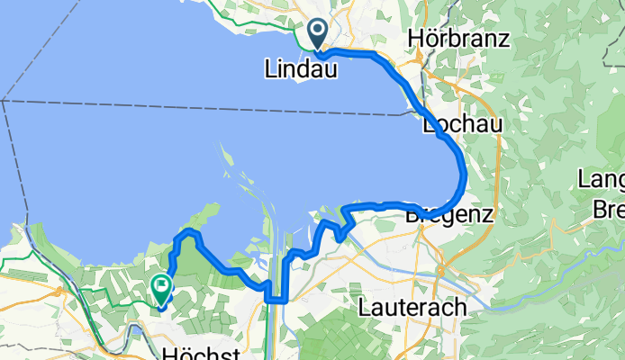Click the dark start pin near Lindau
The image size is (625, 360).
click(318, 34)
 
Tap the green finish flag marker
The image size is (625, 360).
click(162, 289)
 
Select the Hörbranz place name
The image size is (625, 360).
click(459, 39)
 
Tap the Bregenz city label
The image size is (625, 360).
click(449, 215)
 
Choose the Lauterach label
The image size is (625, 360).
click(412, 308)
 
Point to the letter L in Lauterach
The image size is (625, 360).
click(363, 308)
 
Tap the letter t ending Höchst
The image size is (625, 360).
click(237, 353)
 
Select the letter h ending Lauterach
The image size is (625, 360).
click(460, 308)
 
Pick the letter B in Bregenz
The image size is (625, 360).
click(412, 215)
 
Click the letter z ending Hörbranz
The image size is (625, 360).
click(505, 40)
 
